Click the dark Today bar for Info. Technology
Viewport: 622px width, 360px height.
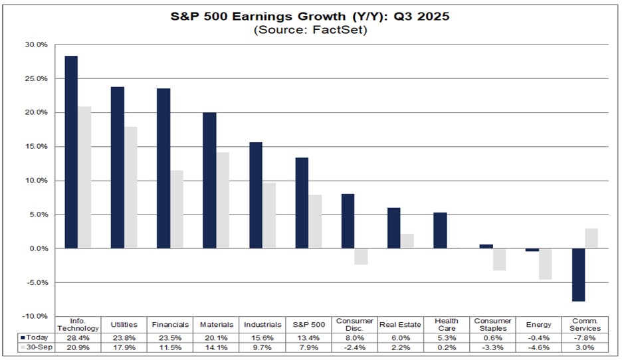pyautogui.click(x=71, y=152)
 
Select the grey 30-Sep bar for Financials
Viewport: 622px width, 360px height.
pyautogui.click(x=176, y=209)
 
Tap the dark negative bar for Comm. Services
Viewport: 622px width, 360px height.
pyautogui.click(x=578, y=274)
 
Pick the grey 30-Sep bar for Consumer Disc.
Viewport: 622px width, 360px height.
pyautogui.click(x=361, y=256)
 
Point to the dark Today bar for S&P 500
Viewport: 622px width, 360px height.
pyautogui.click(x=302, y=203)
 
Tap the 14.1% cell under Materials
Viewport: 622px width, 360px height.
pyautogui.click(x=217, y=347)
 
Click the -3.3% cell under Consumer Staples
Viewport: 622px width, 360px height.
pyautogui.click(x=492, y=347)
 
